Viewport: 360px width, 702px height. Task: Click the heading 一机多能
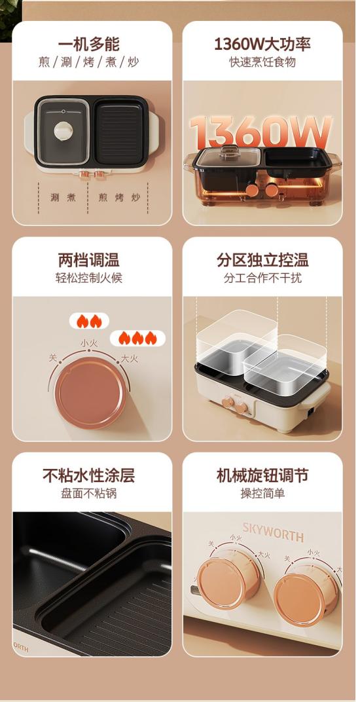pos(88,45)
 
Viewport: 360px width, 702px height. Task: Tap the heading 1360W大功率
pos(262,45)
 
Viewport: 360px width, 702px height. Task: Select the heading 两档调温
pos(88,260)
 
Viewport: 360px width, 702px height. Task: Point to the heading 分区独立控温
pos(262,260)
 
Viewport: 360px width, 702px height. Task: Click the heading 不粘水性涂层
pos(88,475)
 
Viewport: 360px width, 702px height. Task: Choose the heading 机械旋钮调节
pos(262,475)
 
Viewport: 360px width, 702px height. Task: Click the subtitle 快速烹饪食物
pos(262,62)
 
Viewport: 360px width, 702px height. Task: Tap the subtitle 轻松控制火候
pos(88,278)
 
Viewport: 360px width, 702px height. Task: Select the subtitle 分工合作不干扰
pos(262,278)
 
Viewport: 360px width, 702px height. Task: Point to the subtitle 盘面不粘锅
pos(88,493)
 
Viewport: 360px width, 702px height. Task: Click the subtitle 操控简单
pos(262,493)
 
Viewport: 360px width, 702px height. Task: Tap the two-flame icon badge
pos(88,321)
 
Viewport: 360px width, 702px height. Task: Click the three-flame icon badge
pos(137,338)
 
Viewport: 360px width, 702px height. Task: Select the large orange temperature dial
pos(90,393)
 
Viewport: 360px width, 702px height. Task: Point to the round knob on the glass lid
pos(63,130)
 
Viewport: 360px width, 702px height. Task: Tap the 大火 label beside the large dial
pos(130,359)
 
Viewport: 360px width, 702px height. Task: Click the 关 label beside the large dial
pos(53,358)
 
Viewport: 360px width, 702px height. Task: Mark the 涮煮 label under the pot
pos(63,198)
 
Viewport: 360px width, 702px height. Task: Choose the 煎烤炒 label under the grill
pos(118,198)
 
